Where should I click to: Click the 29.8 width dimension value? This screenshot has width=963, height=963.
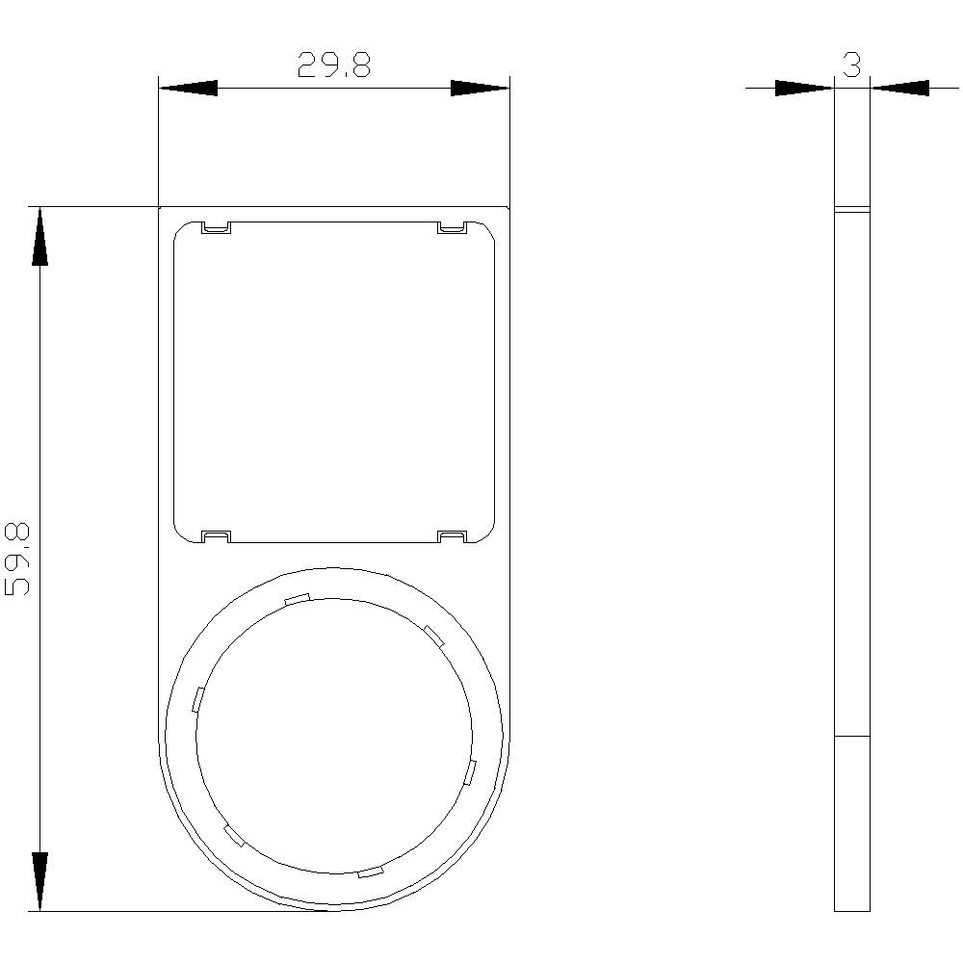tap(333, 65)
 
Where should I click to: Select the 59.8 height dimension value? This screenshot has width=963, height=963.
tap(19, 559)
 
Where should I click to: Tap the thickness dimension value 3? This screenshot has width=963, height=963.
tap(851, 65)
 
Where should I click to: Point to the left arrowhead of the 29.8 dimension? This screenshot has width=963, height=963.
tap(188, 89)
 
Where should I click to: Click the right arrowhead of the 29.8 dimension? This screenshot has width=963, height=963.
tap(480, 89)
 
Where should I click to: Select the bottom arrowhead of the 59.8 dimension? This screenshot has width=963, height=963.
tap(39, 881)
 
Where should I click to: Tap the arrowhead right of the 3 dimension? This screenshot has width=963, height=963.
tap(900, 89)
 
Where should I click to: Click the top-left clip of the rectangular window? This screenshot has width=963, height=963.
tap(216, 228)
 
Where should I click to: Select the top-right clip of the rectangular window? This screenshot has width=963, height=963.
tap(452, 228)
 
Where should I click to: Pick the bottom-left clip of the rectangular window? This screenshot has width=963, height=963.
tap(216, 535)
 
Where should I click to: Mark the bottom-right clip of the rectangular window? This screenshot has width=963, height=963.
tap(452, 535)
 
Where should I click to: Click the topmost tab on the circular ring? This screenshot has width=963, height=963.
tap(297, 599)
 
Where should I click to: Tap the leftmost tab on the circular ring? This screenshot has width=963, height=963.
tap(197, 699)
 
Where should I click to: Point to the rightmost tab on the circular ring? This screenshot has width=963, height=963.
tap(470, 771)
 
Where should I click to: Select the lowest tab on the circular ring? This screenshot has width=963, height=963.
tap(370, 872)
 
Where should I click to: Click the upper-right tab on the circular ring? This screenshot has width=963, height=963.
tap(433, 635)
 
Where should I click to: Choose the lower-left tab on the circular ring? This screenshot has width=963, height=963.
tap(234, 836)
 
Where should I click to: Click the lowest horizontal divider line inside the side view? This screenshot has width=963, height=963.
tap(851, 737)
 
